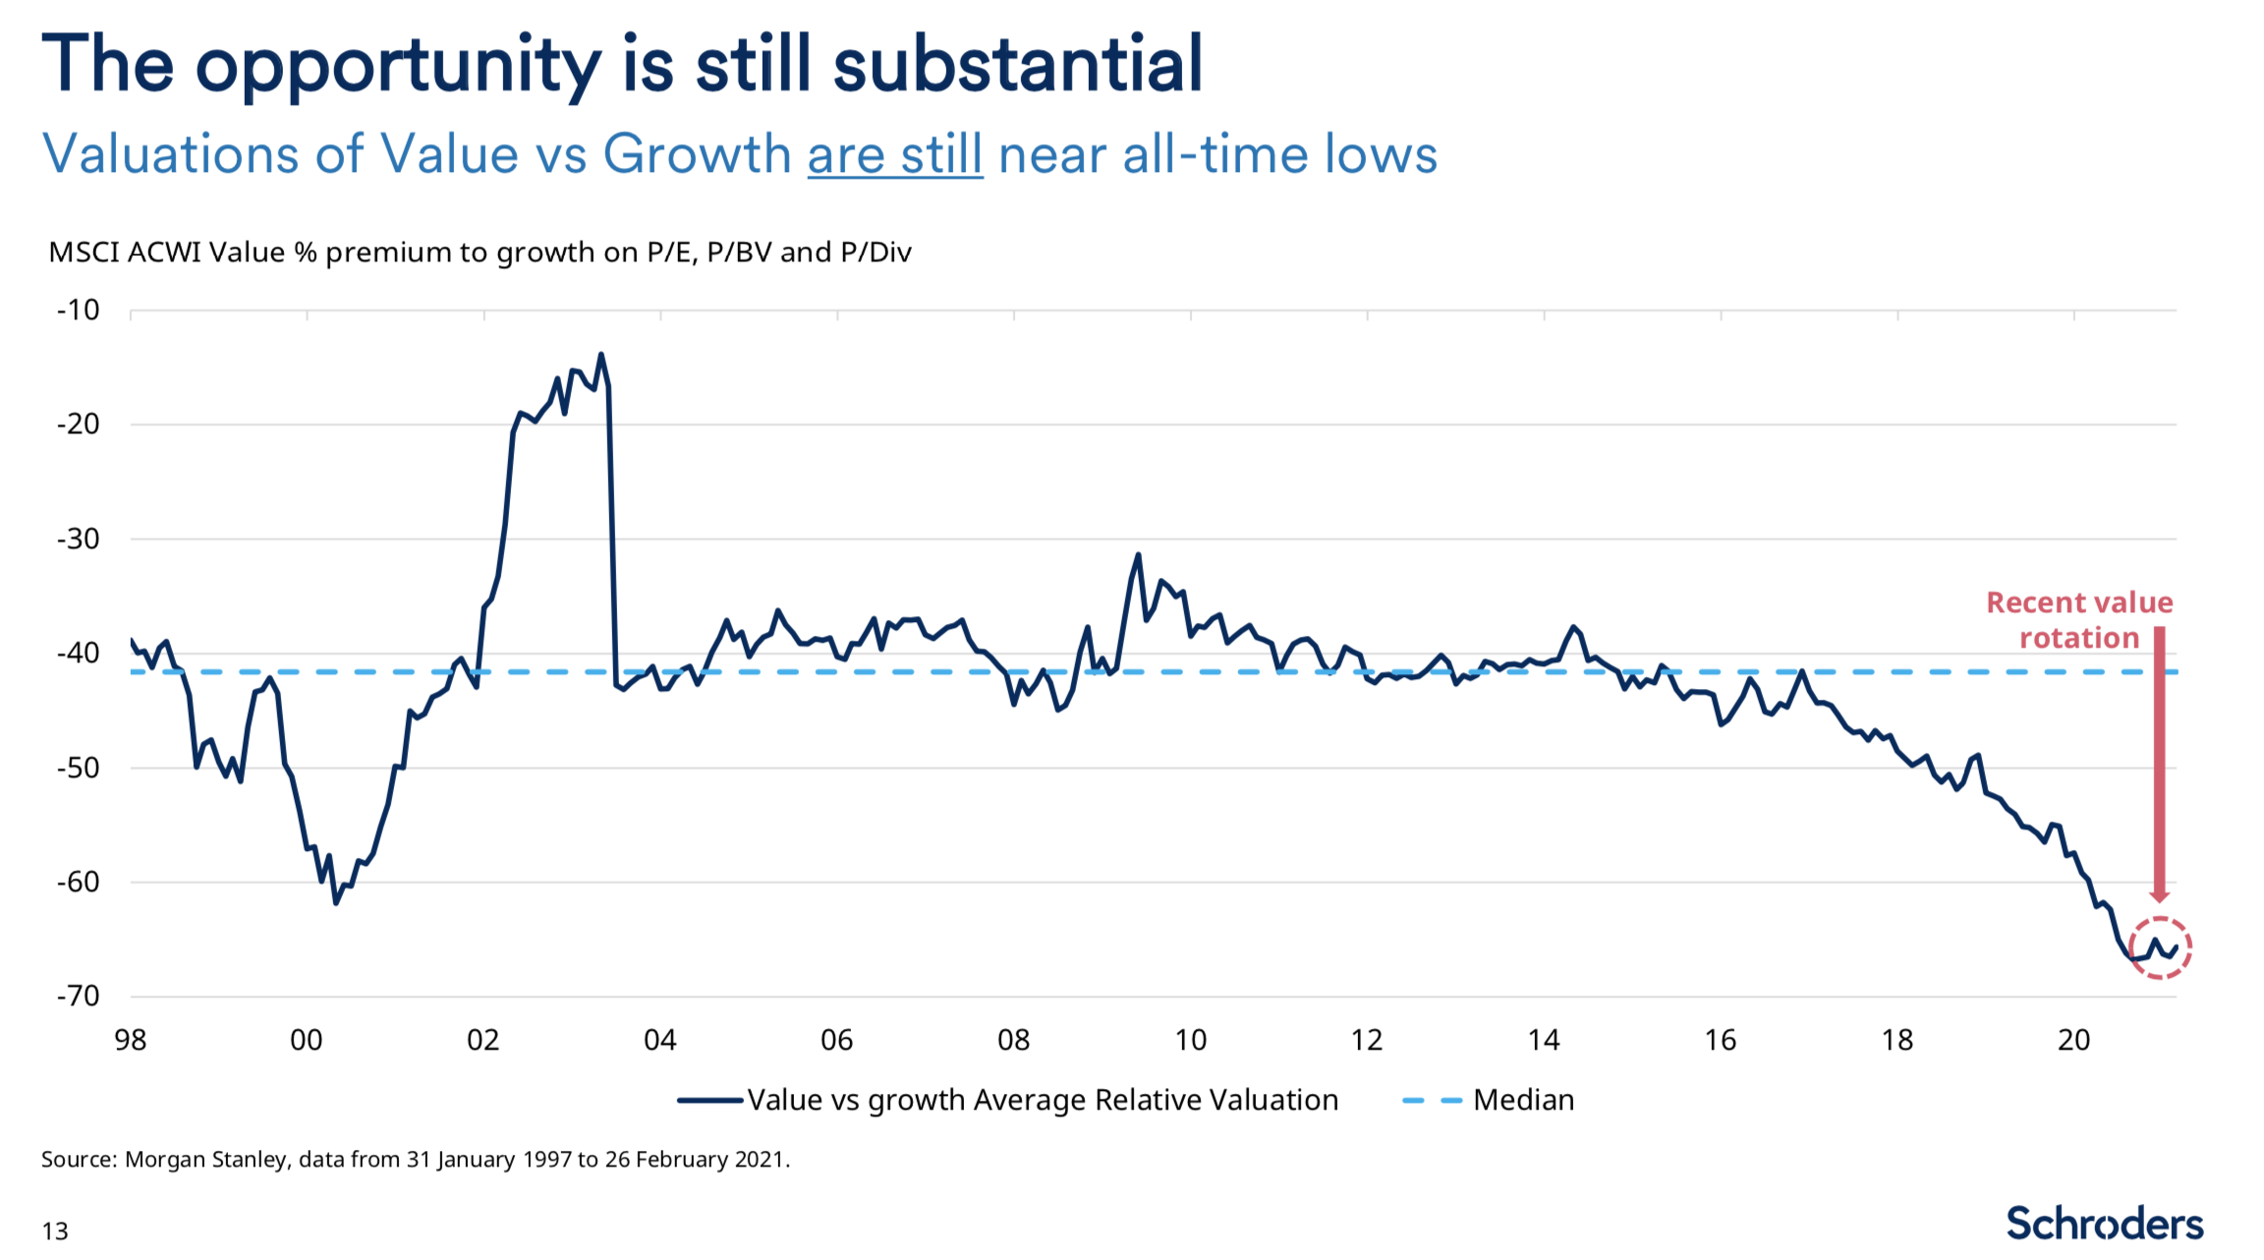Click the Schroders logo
(2104, 1224)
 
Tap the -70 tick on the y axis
(79, 996)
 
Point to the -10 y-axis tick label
(79, 311)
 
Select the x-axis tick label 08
(1013, 1040)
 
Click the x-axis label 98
(130, 1040)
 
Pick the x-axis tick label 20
(2073, 1040)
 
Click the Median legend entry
(1489, 1100)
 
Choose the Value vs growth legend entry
(1008, 1100)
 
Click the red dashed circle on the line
(2160, 947)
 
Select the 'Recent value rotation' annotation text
(2079, 620)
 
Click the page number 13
(55, 1231)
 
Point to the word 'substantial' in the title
(1018, 65)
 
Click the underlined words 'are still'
(895, 155)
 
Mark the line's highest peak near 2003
(601, 355)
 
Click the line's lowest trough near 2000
(336, 902)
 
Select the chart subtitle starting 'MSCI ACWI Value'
(480, 253)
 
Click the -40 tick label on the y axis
(79, 653)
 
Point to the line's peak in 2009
(1138, 555)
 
